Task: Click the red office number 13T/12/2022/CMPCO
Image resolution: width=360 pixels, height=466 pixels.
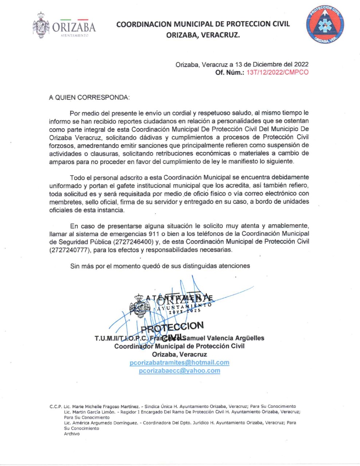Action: pyautogui.click(x=277, y=72)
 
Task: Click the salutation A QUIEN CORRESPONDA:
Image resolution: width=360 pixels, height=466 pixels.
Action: pyautogui.click(x=89, y=98)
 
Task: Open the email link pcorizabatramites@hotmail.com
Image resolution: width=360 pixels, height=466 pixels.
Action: pyautogui.click(x=179, y=363)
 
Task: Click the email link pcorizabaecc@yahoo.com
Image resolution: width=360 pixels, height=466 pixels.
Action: pyautogui.click(x=179, y=371)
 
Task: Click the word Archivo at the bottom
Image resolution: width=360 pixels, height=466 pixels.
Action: pyautogui.click(x=72, y=434)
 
